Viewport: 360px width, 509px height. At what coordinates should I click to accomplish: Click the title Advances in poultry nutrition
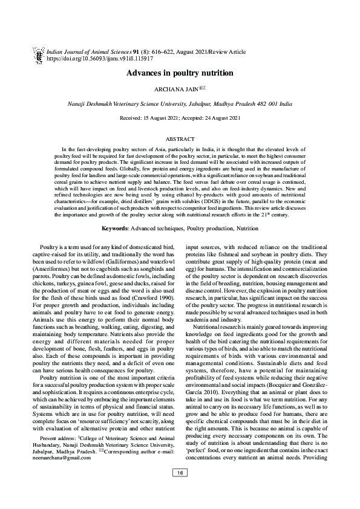[180, 73]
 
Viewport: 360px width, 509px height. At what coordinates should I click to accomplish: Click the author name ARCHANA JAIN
[172, 89]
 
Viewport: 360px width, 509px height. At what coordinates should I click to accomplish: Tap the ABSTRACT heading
[180, 138]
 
